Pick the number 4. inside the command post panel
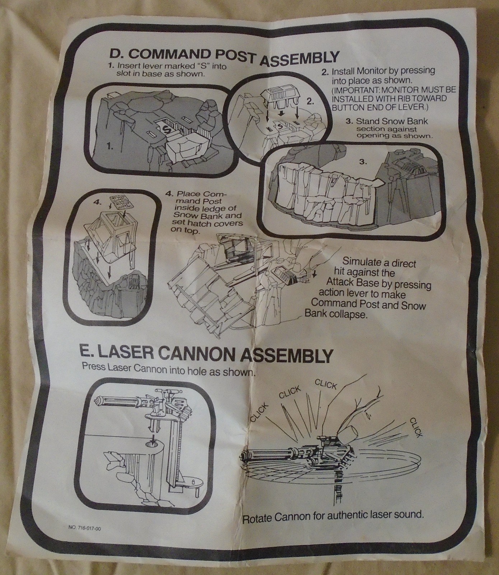98,202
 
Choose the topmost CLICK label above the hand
326,384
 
